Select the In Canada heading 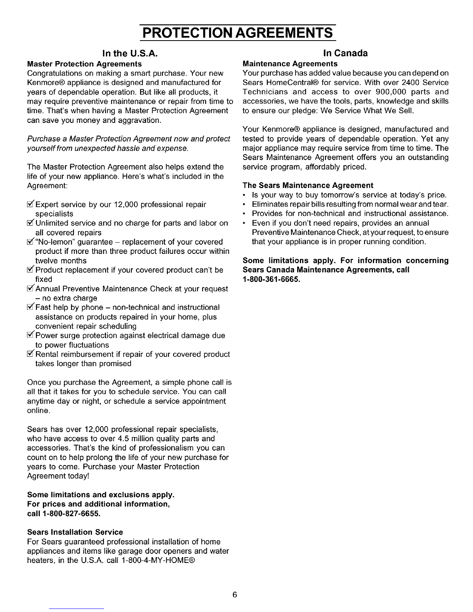pos(345,53)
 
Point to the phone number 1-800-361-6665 pos(271,279)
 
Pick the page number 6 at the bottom pos(234,594)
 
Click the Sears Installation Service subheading pos(75,532)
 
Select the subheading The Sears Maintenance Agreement pos(308,185)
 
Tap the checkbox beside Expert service pos(31,204)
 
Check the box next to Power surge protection pos(31,335)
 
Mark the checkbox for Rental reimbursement pos(31,354)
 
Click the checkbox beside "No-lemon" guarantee pos(31,241)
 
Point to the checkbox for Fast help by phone pos(31,307)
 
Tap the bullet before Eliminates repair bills pos(245,204)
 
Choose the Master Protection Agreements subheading pos(85,63)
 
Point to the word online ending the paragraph pos(38,411)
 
